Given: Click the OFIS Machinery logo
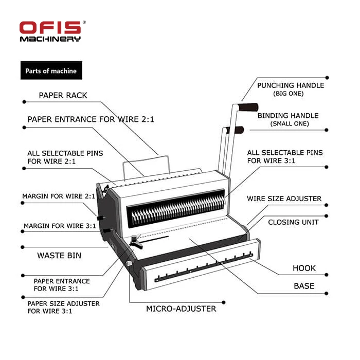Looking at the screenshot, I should [50, 31].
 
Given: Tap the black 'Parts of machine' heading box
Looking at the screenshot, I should [51, 70].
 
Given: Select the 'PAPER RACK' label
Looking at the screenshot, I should [63, 96].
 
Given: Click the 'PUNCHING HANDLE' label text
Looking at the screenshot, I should [291, 85].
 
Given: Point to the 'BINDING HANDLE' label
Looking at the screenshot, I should [288, 116].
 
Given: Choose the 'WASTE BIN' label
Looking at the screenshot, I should [59, 255].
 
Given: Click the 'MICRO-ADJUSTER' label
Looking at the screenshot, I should [181, 309].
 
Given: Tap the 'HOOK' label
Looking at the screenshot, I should [304, 268].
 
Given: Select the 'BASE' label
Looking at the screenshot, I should [304, 286].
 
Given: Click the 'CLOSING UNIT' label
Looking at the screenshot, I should [293, 222].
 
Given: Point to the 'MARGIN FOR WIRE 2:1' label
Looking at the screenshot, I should [59, 196].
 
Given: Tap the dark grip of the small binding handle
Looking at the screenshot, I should [237, 130].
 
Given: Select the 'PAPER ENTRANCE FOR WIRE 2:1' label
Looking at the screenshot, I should [91, 119].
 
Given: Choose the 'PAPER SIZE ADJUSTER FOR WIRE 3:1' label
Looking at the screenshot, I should [63, 307].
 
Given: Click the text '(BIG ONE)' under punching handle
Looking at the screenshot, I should [288, 94].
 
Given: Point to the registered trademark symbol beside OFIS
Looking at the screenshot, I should [84, 23].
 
